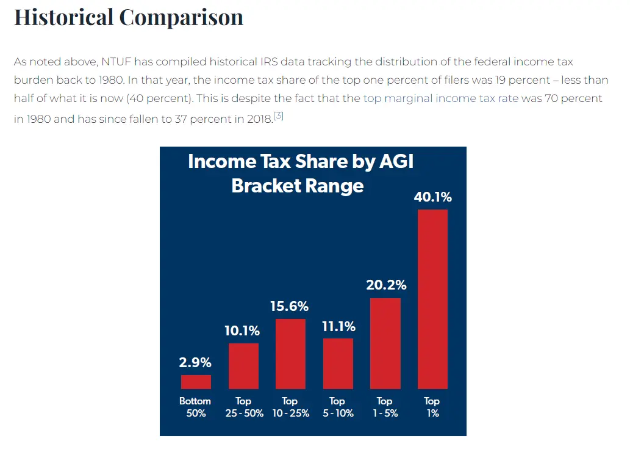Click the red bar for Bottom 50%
[196, 382]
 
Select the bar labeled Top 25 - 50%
[243, 366]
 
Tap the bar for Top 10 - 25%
[290, 354]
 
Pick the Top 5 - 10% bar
[338, 363]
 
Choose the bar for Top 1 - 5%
[385, 343]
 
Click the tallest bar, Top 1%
[432, 299]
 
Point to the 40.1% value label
[432, 197]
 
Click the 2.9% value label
[196, 363]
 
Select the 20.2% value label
[385, 285]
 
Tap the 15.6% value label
[290, 306]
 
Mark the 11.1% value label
[338, 327]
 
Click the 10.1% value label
[243, 331]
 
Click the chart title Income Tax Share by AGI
[301, 161]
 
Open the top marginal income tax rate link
[440, 98]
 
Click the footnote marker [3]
[279, 115]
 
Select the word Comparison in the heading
[182, 17]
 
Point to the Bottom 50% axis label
[195, 407]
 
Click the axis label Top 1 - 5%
[384, 407]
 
